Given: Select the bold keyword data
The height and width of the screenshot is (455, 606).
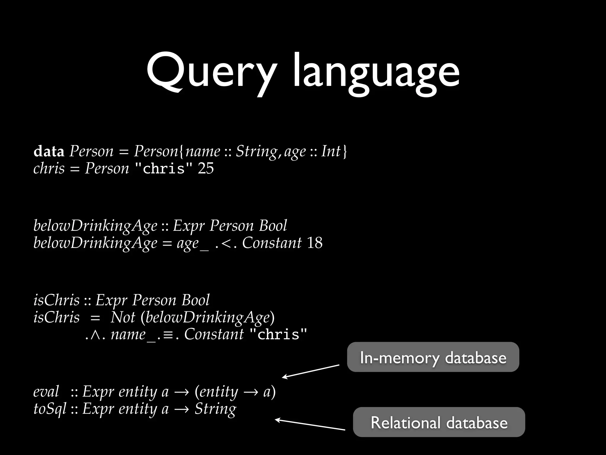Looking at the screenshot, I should [49, 151].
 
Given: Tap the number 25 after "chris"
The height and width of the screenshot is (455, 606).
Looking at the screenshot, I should [206, 168].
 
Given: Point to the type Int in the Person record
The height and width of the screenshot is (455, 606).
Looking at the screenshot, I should [331, 151].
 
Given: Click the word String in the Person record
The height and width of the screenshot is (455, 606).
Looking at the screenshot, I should [256, 151].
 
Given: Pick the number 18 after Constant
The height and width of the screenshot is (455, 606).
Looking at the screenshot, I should [315, 243].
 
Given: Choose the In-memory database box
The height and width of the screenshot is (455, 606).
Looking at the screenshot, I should [433, 357].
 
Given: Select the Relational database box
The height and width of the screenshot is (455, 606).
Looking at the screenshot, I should [439, 422].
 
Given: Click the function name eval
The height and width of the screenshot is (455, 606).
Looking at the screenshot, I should [46, 392].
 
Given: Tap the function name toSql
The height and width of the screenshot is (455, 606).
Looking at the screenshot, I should [50, 409].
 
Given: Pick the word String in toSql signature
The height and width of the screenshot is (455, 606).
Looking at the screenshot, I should [215, 409].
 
